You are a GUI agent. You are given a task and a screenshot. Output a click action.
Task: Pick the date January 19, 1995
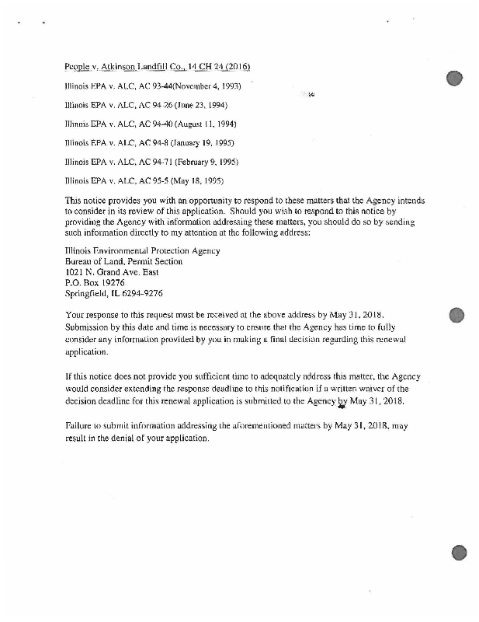point(203,143)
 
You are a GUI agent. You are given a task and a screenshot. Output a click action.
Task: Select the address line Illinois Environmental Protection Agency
point(143,250)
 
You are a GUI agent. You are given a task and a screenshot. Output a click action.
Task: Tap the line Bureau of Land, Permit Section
point(124,261)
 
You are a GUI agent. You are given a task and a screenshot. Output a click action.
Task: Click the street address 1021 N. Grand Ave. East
point(114,272)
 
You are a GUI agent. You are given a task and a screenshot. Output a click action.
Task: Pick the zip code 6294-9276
point(140,294)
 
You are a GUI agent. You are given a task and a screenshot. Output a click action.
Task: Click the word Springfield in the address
point(86,294)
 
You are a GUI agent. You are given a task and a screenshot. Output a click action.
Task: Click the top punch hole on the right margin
point(455,77)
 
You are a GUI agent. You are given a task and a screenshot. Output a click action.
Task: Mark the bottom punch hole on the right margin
point(458,553)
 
